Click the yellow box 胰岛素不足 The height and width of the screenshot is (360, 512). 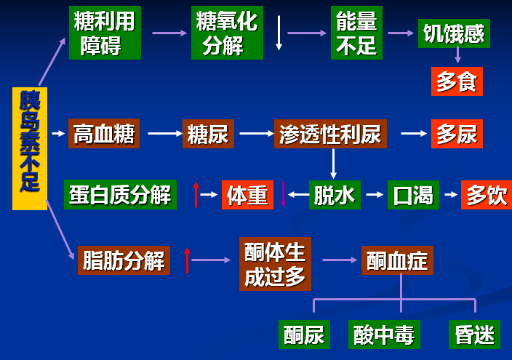tap(30, 148)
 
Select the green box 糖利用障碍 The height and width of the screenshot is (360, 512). tap(105, 33)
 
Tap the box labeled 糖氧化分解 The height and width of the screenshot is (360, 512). tap(226, 33)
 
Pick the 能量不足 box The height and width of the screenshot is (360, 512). tap(356, 33)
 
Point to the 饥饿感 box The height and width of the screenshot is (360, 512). tap(454, 33)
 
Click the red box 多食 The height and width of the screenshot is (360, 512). tap(457, 81)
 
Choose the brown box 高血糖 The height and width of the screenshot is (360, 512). tap(104, 134)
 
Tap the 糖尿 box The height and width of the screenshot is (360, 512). tap(208, 134)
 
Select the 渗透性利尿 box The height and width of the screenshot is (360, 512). tap(330, 134)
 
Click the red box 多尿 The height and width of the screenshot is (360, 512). tap(457, 134)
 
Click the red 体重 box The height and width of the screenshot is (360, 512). tap(247, 194)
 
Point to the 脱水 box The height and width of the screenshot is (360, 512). tap(335, 194)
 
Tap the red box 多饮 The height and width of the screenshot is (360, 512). tap(486, 194)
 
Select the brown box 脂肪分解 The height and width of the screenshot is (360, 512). tap(124, 260)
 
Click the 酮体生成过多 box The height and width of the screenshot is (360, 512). tap(275, 263)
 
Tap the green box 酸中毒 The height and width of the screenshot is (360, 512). tap(383, 335)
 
